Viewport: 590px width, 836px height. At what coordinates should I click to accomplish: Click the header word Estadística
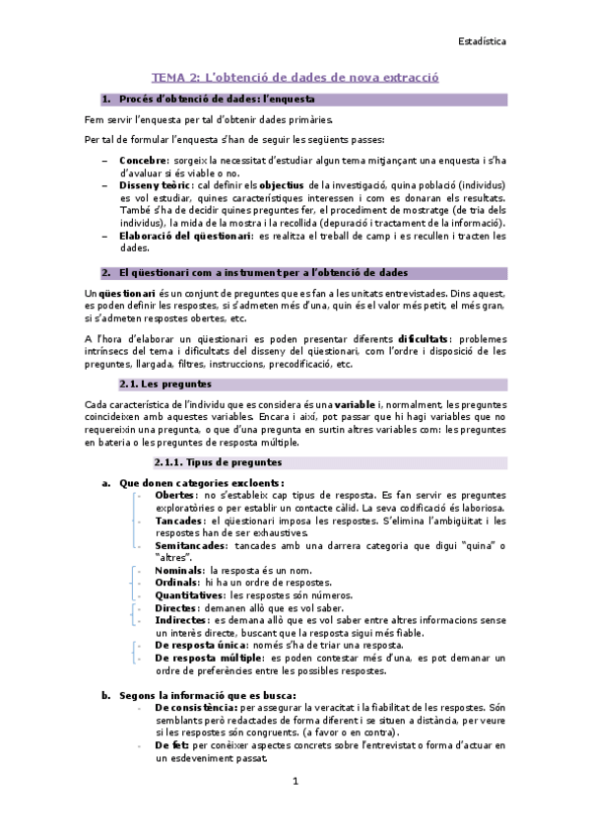pos(483,42)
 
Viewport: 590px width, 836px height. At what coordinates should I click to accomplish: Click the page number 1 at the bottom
pos(294,781)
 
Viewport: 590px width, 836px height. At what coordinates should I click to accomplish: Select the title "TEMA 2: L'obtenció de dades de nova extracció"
pos(295,76)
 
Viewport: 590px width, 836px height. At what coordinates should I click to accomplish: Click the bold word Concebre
pos(143,159)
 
